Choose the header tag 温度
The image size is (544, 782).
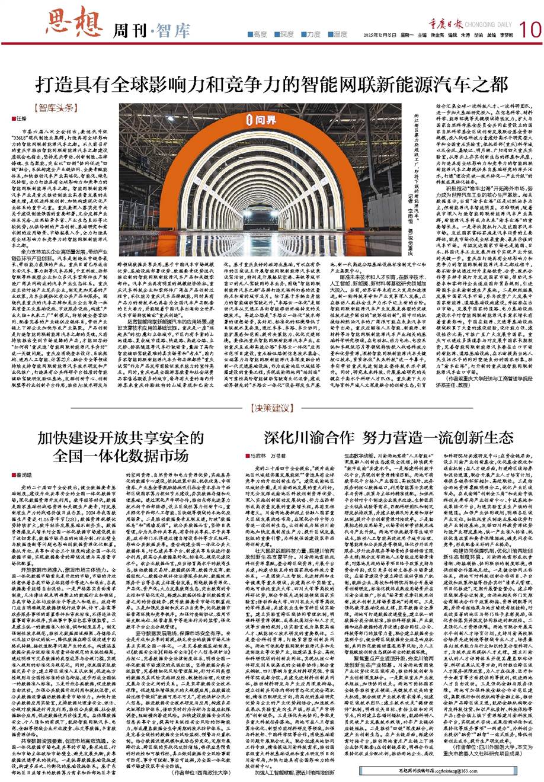click(x=340, y=34)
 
